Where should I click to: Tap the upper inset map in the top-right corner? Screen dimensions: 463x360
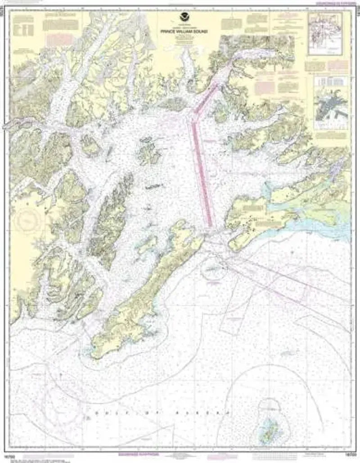click(325, 33)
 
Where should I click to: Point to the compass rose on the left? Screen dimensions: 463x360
click(28, 220)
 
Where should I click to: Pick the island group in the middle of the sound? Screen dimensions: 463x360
click(148, 151)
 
